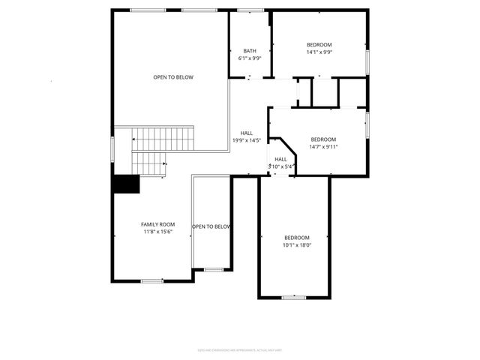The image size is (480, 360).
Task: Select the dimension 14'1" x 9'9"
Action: click(319, 52)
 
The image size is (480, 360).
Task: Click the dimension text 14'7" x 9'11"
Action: click(324, 146)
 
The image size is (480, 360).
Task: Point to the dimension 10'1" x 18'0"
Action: click(297, 244)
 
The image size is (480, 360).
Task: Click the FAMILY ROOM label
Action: click(157, 224)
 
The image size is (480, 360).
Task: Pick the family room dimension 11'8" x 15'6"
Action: click(157, 232)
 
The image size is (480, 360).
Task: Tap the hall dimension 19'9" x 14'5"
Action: click(247, 139)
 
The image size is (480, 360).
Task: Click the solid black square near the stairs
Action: click(126, 184)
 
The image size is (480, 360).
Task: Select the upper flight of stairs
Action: click(163, 139)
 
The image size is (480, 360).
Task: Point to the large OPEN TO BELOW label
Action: click(173, 77)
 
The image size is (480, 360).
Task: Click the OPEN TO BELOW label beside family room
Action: click(211, 226)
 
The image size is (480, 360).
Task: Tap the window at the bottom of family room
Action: click(152, 281)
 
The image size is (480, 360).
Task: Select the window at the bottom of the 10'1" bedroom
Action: click(293, 298)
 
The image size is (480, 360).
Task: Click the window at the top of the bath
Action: click(250, 10)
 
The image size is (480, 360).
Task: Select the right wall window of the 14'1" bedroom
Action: click(367, 60)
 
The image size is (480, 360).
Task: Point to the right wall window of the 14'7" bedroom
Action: click(367, 124)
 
